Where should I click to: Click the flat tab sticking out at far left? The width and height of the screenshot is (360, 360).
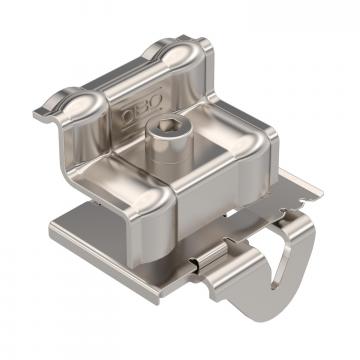(42, 112)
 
